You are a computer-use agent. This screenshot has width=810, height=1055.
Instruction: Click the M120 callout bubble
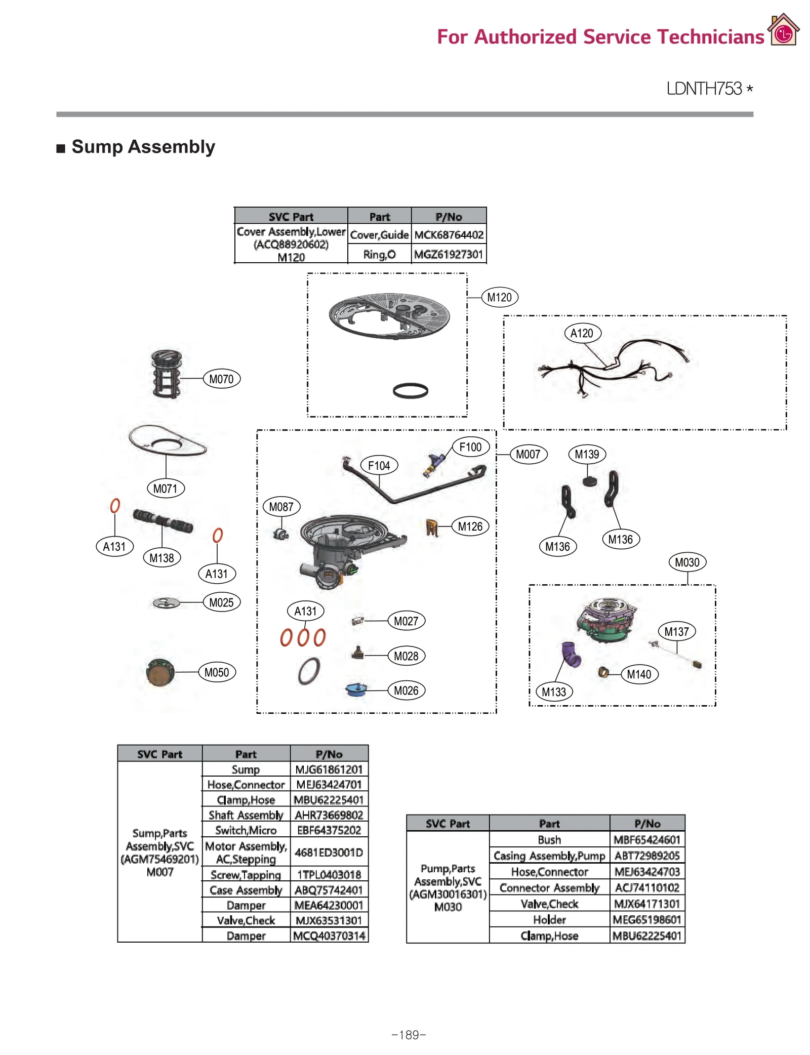[x=499, y=297]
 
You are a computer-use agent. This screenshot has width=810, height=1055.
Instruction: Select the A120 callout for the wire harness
[x=582, y=333]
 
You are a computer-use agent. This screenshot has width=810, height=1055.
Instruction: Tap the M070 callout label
[x=221, y=379]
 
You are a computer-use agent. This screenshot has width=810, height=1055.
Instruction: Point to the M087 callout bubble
[x=281, y=506]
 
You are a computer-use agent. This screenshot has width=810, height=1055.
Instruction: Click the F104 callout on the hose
[x=379, y=465]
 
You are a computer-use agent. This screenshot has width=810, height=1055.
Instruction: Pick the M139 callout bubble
[x=586, y=454]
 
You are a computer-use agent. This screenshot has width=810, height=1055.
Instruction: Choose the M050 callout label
[x=217, y=672]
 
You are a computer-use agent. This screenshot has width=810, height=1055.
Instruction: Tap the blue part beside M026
[x=356, y=689]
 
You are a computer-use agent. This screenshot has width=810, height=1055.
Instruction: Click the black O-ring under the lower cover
[x=410, y=390]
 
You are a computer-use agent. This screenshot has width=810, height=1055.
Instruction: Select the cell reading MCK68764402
[x=449, y=235]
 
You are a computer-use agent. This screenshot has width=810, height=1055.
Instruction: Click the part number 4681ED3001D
[x=329, y=853]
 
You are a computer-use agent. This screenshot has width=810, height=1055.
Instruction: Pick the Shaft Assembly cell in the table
[x=246, y=815]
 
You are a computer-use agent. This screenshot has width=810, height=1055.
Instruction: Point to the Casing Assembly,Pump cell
[x=549, y=856]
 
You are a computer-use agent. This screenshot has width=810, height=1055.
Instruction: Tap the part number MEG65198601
[x=646, y=919]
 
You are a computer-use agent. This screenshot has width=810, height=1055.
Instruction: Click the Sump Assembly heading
[x=143, y=147]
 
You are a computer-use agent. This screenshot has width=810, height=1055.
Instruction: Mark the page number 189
[x=409, y=1035]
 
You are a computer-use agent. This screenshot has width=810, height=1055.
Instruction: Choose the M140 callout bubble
[x=639, y=674]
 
